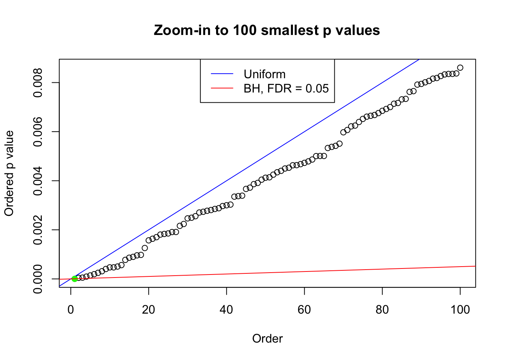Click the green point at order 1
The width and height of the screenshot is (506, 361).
[x=75, y=279]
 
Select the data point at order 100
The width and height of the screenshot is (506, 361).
[x=460, y=68]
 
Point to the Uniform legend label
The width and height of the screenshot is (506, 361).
[x=264, y=74]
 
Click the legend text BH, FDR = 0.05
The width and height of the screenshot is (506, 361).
[x=286, y=88]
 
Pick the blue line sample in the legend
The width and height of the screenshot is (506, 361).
[x=222, y=74]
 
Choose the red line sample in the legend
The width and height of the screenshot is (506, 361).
[x=222, y=88]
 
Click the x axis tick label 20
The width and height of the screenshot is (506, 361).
[x=149, y=309]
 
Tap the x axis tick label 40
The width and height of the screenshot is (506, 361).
[x=227, y=309]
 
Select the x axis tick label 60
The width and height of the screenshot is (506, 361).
[x=304, y=309]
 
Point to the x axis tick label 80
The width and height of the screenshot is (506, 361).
[x=382, y=309]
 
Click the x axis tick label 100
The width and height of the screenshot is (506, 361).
[x=460, y=309]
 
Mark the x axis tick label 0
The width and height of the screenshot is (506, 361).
[x=71, y=309]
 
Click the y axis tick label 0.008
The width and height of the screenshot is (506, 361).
[x=38, y=83]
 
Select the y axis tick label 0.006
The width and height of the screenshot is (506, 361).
[x=38, y=132]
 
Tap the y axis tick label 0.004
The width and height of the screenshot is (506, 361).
[x=38, y=181]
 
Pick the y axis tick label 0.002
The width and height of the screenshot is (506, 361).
[x=38, y=230]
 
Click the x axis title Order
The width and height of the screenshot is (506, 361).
[x=267, y=338]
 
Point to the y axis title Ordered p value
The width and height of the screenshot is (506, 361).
[x=9, y=173]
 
